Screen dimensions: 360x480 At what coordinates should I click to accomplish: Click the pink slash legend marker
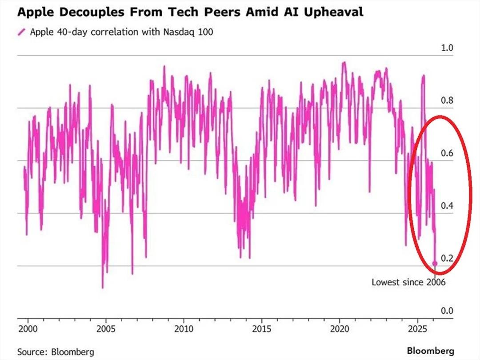21,32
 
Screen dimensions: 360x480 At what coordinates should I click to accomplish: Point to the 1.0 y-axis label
447,48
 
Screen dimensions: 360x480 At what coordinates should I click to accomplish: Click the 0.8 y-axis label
447,100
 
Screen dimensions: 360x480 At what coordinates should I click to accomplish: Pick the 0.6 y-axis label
447,153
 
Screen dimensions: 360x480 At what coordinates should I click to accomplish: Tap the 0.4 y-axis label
447,206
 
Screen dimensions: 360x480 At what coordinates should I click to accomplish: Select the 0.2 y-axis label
447,258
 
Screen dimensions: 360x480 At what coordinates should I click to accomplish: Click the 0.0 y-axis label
447,311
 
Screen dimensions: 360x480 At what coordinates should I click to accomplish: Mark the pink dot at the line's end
435,264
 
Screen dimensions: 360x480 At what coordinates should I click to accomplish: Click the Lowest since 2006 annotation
408,282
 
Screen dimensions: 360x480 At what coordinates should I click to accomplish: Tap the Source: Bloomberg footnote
56,352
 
